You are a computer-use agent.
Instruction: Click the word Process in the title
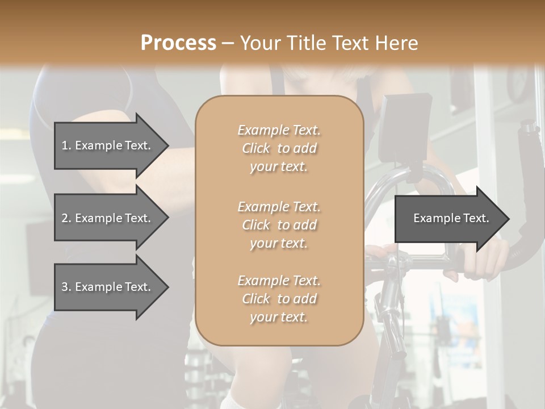click(178, 43)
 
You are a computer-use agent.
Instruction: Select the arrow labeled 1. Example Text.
click(108, 145)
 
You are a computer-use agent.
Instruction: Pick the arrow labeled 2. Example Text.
click(108, 218)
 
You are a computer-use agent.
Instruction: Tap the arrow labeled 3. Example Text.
click(108, 287)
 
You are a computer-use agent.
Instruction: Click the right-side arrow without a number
click(448, 218)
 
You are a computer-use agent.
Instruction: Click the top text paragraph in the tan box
click(279, 148)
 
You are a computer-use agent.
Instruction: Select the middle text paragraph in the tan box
click(279, 224)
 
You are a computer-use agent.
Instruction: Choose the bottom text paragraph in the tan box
click(279, 299)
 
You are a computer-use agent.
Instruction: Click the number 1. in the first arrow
click(66, 145)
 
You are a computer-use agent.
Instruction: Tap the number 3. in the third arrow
click(66, 287)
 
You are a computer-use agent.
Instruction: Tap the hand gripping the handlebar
click(483, 258)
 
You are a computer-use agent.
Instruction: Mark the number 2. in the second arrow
click(66, 218)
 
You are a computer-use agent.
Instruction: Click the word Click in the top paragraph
click(256, 148)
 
